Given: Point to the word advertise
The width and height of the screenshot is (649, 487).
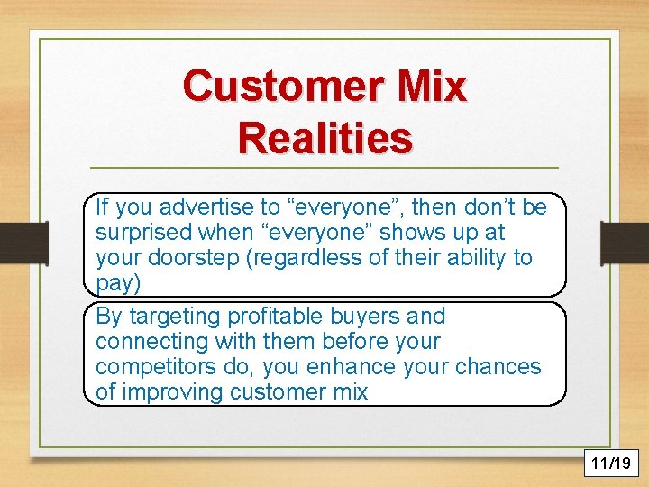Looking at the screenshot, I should [x=212, y=207].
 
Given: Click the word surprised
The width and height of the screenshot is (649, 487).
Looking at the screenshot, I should [x=140, y=233].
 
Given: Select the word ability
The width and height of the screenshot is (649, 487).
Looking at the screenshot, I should [x=475, y=258].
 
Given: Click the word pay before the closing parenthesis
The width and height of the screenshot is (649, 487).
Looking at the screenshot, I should [x=112, y=282].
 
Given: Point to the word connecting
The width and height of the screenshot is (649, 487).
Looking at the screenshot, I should [x=145, y=342].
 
